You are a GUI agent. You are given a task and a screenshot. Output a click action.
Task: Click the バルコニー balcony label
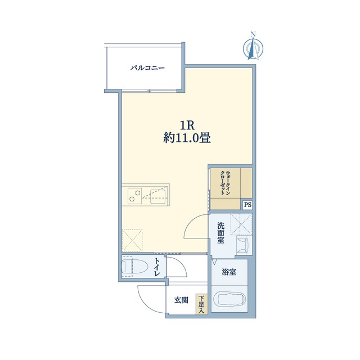tap(147, 68)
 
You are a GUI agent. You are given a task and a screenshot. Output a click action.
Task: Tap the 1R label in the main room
tap(187, 125)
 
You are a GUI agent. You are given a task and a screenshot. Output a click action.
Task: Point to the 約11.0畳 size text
tap(187, 138)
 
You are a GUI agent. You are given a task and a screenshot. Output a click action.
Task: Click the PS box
tap(247, 205)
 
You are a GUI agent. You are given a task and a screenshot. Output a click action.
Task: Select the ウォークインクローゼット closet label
tap(225, 183)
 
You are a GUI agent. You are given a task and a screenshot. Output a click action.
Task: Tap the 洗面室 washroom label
tap(220, 233)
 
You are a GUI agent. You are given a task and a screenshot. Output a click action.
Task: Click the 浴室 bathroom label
tap(229, 272)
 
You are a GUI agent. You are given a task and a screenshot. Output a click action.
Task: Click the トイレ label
tap(157, 267)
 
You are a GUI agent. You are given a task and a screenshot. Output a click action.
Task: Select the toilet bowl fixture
tap(134, 267)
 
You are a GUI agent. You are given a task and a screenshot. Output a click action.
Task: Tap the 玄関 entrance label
tap(181, 300)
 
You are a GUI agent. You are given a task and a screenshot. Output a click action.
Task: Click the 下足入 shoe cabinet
tap(201, 304)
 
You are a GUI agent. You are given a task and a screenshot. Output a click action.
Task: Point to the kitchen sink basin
tap(158, 197)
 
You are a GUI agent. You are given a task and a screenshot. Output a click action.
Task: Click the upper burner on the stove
tap(138, 192)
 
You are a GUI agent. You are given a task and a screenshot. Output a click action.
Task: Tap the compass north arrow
tap(253, 49)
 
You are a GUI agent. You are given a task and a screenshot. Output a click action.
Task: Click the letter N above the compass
tap(253, 34)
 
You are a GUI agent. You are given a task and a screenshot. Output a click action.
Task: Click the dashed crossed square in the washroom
tap(241, 224)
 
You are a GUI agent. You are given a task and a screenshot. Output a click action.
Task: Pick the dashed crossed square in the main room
tap(132, 240)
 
